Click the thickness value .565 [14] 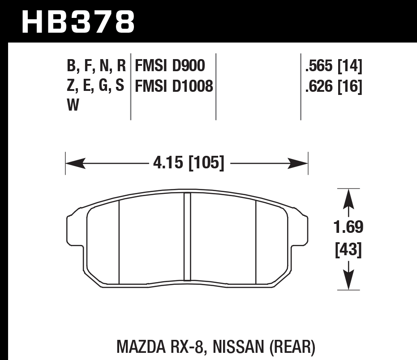333,67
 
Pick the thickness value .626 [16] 333,86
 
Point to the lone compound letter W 73,106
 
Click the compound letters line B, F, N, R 96,66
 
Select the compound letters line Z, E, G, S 96,86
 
